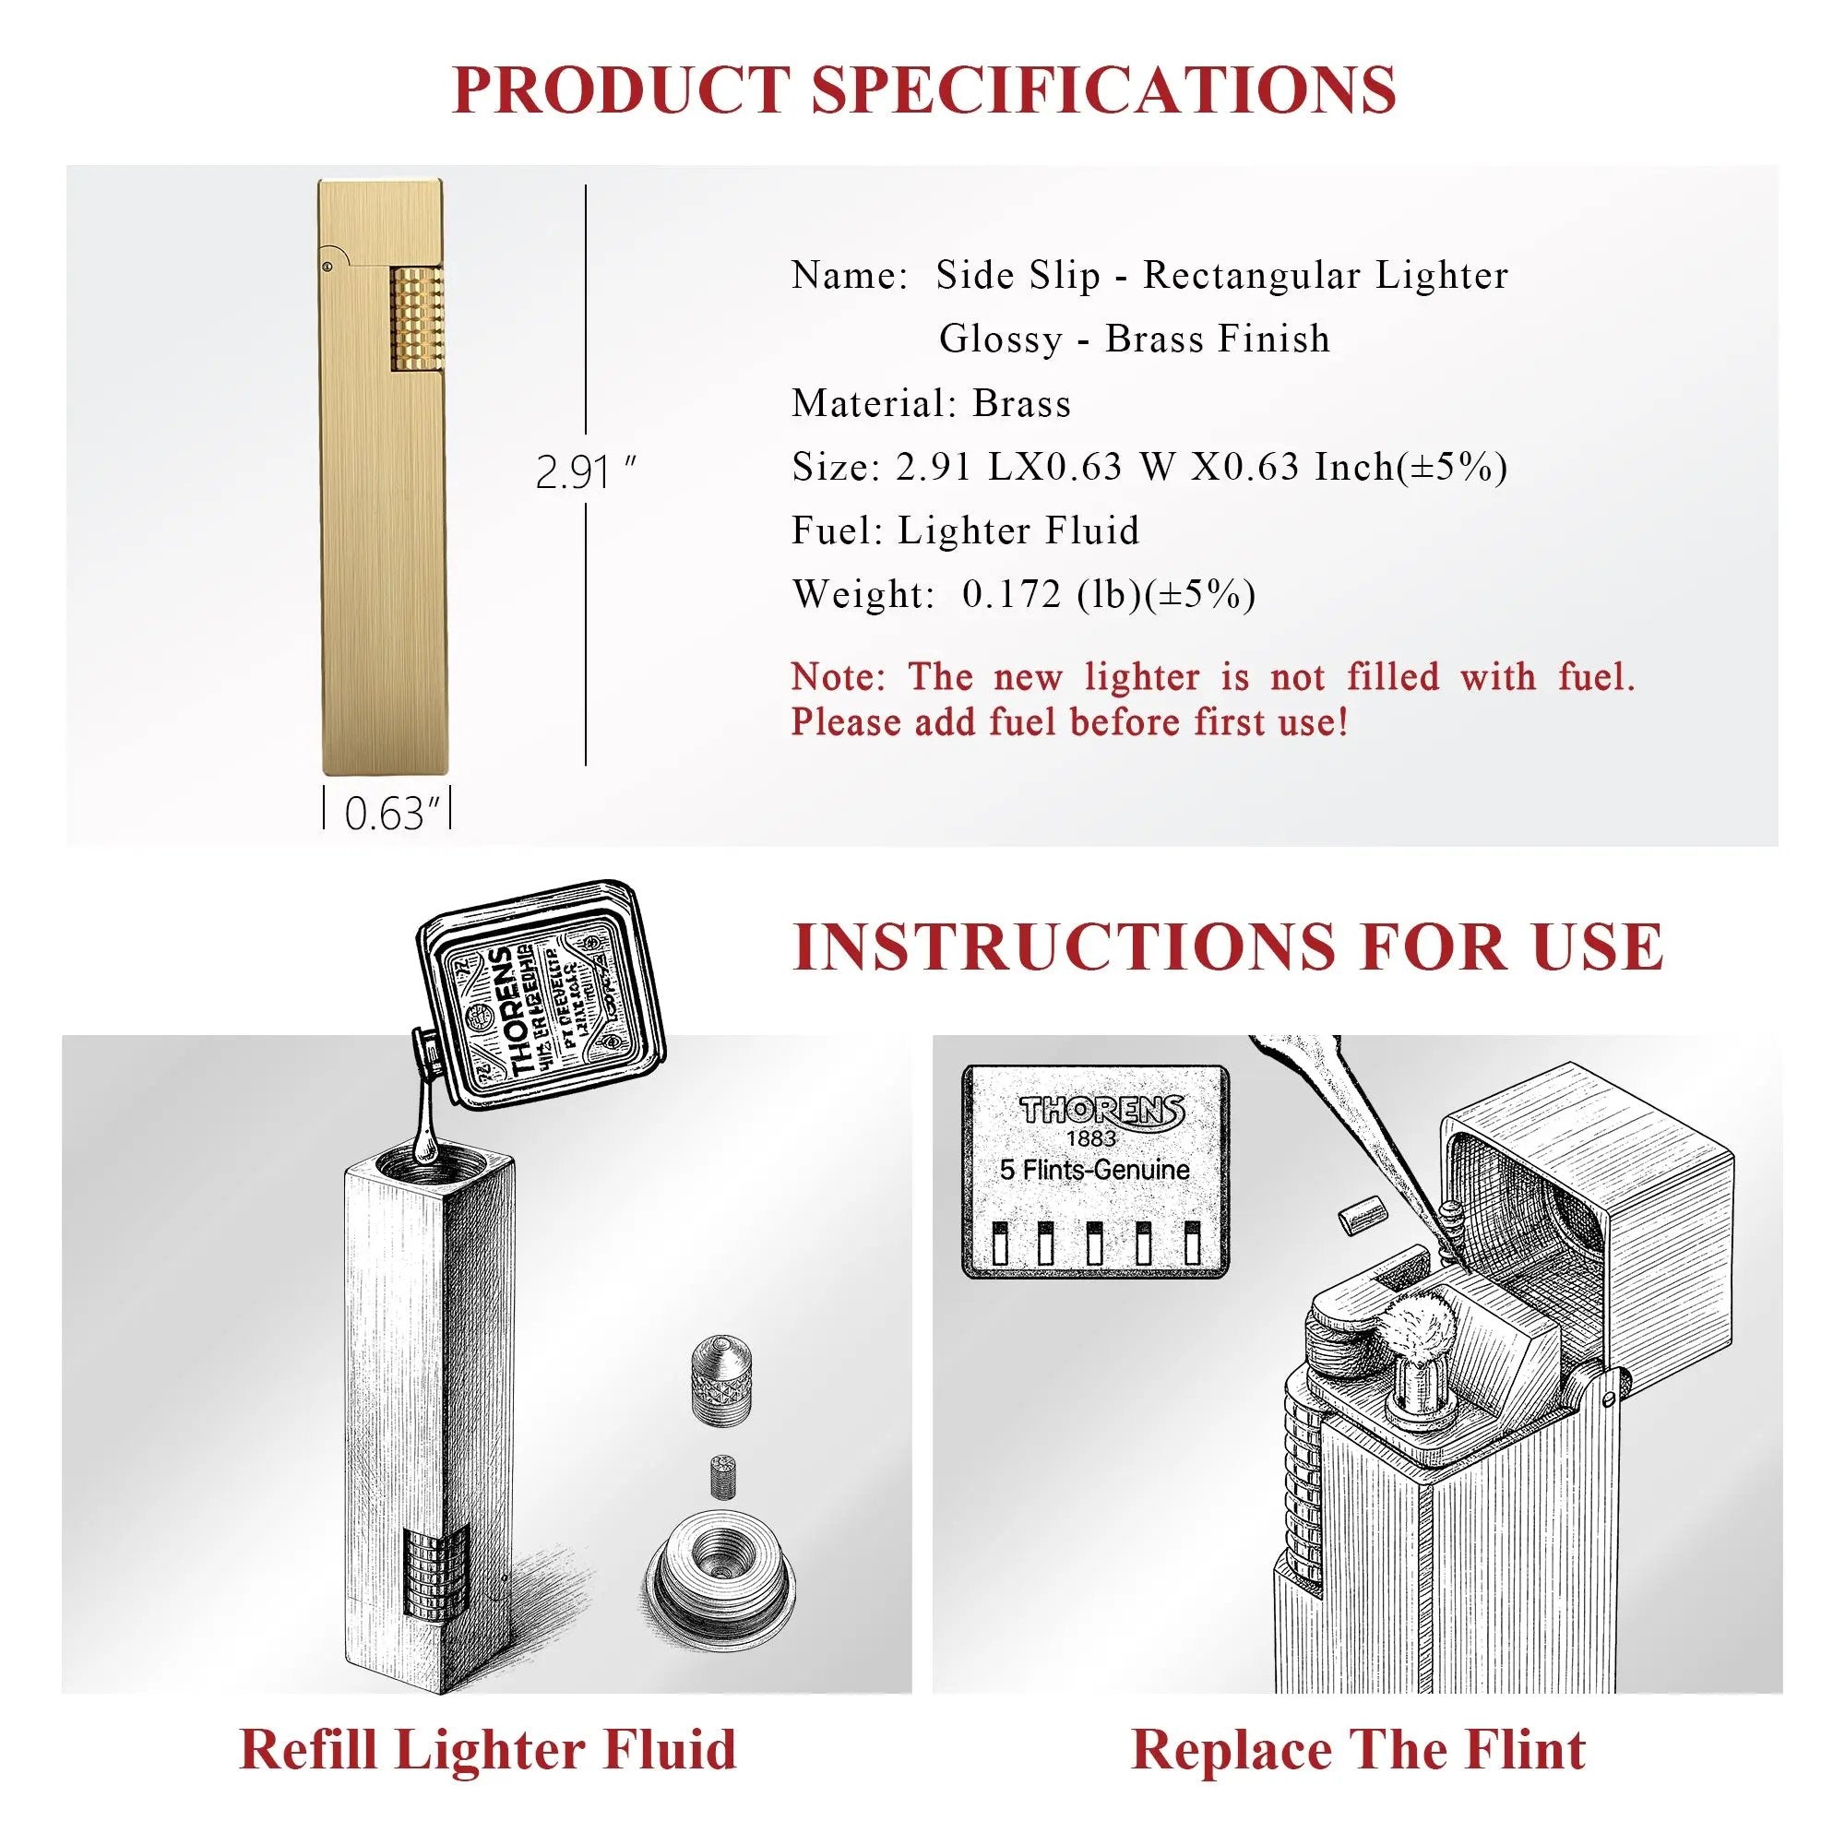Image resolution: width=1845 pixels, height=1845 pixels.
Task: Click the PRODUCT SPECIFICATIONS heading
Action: (922, 89)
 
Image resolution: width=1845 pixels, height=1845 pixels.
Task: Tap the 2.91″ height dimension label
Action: (584, 472)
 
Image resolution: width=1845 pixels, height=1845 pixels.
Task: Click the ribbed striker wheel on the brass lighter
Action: (416, 319)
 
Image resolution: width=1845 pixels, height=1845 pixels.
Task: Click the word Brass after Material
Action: (1021, 404)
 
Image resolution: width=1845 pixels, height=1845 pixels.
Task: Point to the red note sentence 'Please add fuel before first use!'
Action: (1069, 722)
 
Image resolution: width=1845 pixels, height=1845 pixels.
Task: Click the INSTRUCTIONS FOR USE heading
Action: (1228, 946)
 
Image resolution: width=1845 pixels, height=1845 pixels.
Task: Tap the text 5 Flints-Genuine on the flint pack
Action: (1094, 1170)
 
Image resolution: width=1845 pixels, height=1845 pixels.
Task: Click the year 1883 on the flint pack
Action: (1090, 1138)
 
